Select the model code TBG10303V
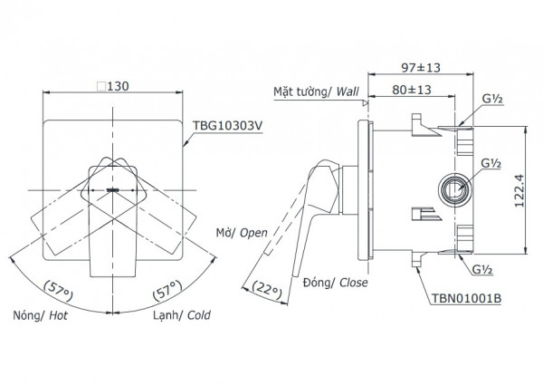(224, 129)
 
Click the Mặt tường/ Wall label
(317, 91)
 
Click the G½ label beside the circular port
(491, 164)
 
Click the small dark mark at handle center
(114, 189)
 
